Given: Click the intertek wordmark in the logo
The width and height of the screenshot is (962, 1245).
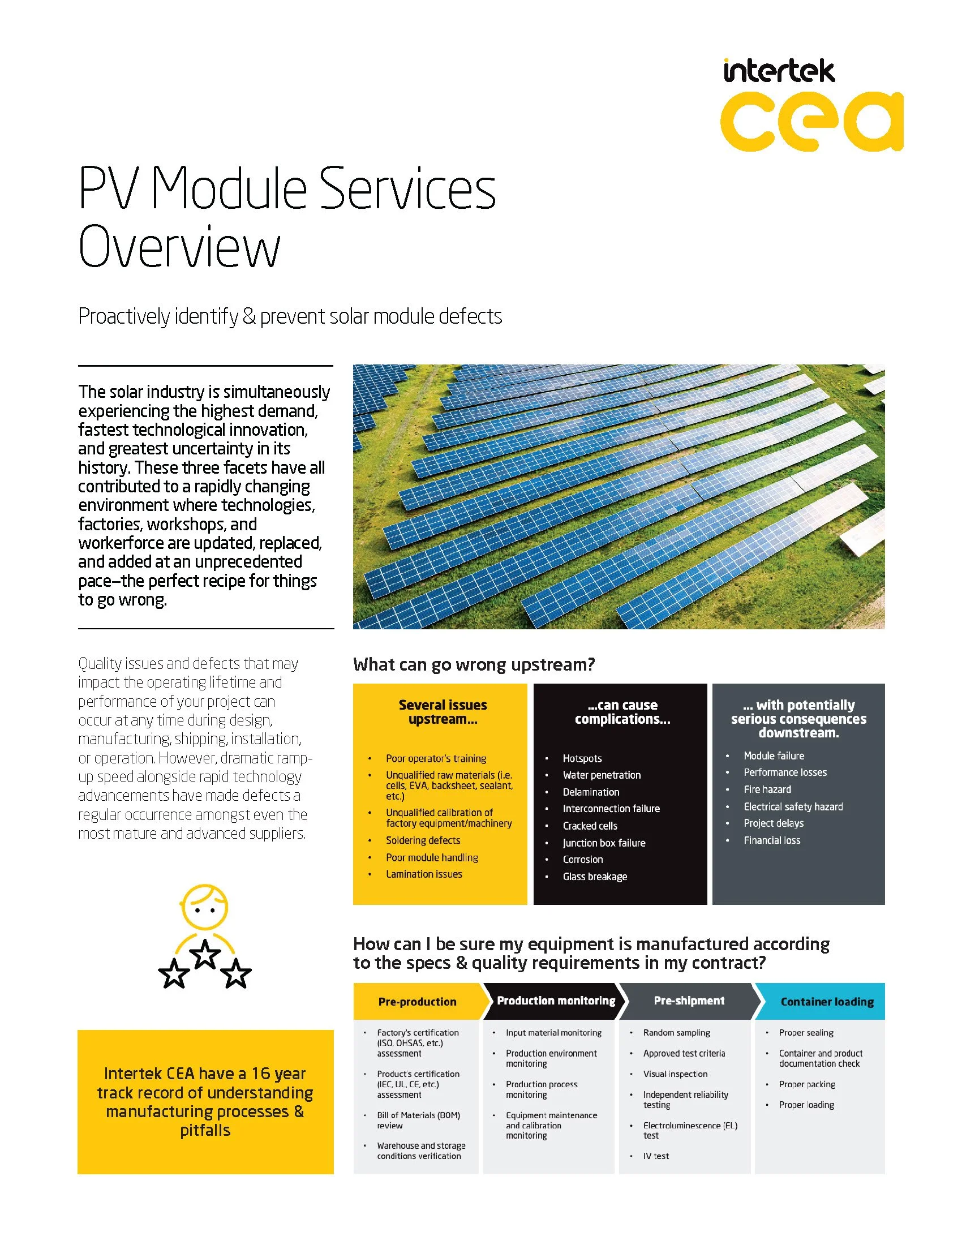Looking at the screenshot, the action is point(779,72).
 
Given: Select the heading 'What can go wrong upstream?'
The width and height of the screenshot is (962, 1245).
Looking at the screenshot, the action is point(474,665).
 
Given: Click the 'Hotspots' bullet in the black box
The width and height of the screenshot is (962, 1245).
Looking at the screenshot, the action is point(582,759).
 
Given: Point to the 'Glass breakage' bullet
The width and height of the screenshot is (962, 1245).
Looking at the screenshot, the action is point(594,877).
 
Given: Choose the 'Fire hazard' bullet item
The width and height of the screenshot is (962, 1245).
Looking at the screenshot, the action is point(767,789).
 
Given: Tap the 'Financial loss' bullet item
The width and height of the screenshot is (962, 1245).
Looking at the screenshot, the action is point(772,840).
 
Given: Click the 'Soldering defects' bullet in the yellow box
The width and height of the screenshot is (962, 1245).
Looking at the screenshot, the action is point(423,840).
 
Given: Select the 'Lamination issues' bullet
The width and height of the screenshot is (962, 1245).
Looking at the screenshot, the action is point(424,874).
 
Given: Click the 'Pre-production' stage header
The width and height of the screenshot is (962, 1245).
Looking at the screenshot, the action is point(417,1002).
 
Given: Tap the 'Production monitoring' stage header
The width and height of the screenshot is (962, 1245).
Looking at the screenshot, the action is point(556,1001).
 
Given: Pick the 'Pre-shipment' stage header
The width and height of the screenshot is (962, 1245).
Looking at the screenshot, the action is point(689,1001).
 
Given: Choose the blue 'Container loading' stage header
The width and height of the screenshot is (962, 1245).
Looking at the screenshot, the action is point(826,1002).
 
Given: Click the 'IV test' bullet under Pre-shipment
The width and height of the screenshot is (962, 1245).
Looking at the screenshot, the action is point(656,1156).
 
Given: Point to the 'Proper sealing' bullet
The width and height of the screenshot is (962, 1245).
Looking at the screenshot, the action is point(806,1033).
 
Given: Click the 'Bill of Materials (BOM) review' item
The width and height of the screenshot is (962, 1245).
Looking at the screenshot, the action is point(418,1120).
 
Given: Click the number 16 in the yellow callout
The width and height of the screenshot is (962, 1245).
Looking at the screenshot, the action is point(261,1074).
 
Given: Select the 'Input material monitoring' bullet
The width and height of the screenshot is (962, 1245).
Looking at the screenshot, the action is point(553,1033).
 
